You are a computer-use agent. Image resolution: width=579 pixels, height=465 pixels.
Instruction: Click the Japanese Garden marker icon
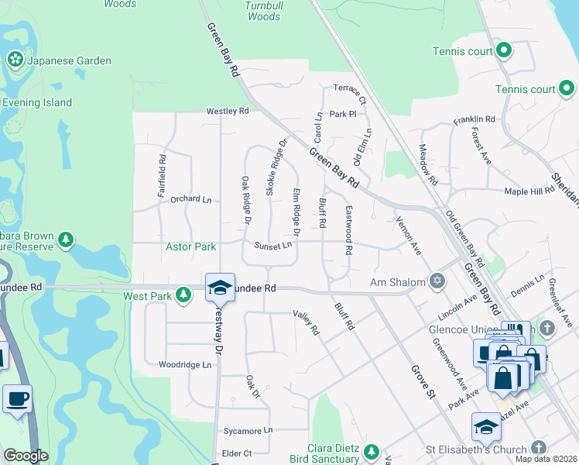[x=15, y=60]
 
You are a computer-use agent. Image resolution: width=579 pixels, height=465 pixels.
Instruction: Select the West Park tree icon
[x=183, y=294]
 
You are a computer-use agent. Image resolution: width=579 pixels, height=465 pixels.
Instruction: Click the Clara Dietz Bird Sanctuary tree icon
[x=372, y=451]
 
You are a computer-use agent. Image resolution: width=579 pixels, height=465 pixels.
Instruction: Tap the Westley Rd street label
[x=227, y=111]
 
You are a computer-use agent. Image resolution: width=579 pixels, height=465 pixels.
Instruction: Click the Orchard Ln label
[x=190, y=199]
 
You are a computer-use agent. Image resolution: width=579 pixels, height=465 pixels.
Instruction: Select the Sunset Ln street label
[x=274, y=246]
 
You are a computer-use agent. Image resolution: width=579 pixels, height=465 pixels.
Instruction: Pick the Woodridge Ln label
[x=184, y=364]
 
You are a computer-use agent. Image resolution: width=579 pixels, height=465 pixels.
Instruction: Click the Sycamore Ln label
[x=247, y=429]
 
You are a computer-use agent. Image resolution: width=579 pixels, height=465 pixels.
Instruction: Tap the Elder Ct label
[x=237, y=453]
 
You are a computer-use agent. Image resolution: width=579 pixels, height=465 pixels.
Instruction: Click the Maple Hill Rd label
[x=529, y=191]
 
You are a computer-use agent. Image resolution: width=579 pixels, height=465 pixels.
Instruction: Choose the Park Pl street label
[x=341, y=114]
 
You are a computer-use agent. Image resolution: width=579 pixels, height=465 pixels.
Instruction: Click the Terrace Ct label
[x=349, y=94]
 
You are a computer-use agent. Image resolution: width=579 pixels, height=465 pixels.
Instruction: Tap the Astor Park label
[x=190, y=246]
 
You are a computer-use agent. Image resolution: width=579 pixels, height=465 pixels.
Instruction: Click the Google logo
[x=26, y=456]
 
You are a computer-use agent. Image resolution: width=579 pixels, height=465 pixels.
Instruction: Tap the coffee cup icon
[x=17, y=399]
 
